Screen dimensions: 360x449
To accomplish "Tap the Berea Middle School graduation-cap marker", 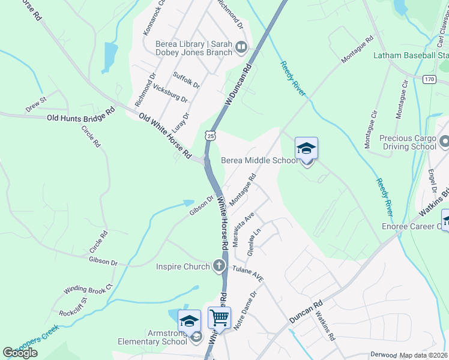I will coord(306,148).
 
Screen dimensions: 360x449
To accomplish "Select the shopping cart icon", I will coord(219,317).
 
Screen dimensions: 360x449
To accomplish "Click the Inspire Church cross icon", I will coord(220,266).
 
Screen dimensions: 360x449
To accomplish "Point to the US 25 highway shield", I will coord(209,136).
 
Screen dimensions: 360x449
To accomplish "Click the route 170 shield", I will coord(429,79).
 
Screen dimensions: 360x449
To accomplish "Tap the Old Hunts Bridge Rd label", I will coord(80,115).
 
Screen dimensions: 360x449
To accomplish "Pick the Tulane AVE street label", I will coord(248,274).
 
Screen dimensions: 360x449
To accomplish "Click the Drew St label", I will coord(35,103).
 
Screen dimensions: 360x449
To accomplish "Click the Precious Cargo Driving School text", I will coord(408,142).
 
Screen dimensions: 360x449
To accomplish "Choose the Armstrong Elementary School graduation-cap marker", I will coord(189,320).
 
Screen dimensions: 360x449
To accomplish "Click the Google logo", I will coord(20,353).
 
